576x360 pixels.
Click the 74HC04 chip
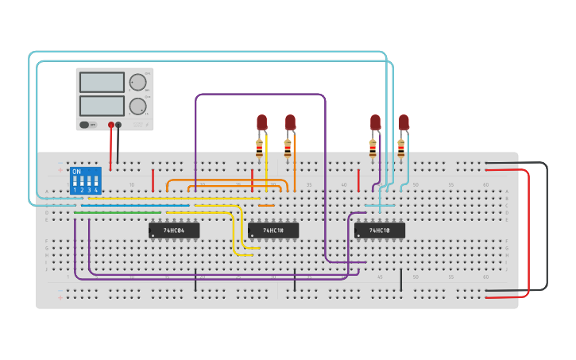coord(174,230)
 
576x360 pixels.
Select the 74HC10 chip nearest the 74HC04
coord(273,230)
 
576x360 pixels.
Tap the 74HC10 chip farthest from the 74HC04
coord(380,230)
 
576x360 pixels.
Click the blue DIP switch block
coord(86,180)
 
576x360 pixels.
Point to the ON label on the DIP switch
coord(76,172)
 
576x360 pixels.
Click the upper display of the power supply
coord(102,83)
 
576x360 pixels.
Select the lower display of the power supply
coord(102,106)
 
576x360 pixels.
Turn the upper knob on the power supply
coord(138,82)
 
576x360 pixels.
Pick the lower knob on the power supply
coord(138,106)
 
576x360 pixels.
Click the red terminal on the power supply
coord(110,125)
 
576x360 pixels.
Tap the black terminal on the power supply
coord(118,125)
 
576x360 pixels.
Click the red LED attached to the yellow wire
coord(261,122)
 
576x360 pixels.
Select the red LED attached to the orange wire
coord(290,122)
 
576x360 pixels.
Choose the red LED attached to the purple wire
coord(375,122)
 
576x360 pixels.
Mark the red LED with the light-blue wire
coord(404,122)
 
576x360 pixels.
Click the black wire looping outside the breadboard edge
coord(546,226)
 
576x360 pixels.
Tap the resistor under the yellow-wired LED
coord(259,148)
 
